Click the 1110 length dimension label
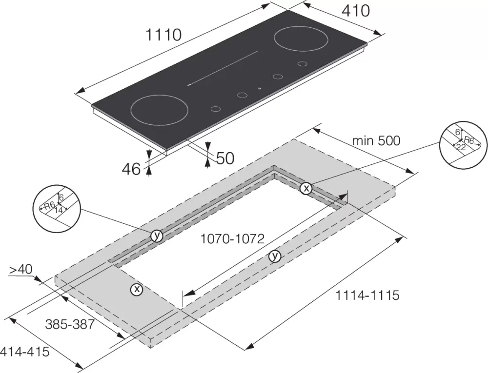click(163, 35)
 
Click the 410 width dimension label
click(356, 11)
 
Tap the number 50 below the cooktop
click(225, 158)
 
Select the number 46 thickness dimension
click(131, 169)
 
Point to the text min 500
click(376, 141)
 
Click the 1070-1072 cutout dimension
click(232, 239)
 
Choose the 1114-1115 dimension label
click(367, 295)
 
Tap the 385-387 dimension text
click(70, 324)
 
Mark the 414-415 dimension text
click(25, 352)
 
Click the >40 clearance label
click(20, 270)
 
